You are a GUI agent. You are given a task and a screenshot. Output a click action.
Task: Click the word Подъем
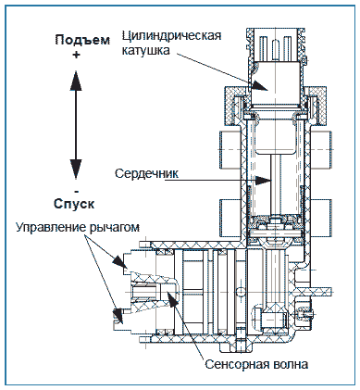(82, 40)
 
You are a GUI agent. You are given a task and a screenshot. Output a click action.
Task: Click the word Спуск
(74, 204)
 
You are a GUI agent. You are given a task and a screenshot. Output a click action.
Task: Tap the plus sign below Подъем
(76, 55)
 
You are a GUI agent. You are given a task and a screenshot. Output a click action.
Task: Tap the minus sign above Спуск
(76, 192)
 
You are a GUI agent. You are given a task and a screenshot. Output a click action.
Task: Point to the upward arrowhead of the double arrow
(76, 81)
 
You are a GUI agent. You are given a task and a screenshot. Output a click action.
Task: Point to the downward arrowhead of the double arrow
(76, 170)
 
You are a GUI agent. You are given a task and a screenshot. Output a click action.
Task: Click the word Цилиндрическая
(171, 36)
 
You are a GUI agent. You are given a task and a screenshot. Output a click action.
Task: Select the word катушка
(145, 50)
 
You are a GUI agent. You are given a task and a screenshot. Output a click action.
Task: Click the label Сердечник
(146, 173)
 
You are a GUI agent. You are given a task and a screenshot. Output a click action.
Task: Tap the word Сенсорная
(238, 364)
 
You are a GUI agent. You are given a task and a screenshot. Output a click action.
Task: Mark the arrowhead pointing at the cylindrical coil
(259, 85)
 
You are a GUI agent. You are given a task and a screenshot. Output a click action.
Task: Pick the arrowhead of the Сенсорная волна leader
(170, 297)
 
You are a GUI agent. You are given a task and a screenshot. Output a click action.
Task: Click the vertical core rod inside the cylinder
(276, 185)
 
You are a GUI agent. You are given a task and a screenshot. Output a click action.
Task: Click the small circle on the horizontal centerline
(239, 292)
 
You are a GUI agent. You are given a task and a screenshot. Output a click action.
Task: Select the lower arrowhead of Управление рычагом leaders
(118, 316)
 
